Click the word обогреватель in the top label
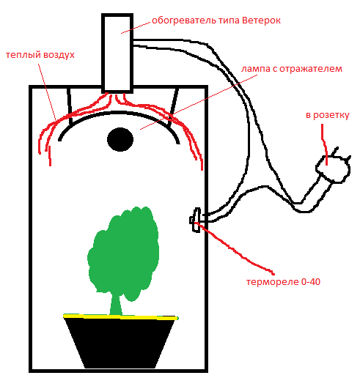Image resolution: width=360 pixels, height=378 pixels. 184,21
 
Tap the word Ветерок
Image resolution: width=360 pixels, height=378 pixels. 261,21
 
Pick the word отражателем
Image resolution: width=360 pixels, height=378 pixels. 311,69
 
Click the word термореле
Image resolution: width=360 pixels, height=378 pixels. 273,282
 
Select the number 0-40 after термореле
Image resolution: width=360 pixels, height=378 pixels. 311,282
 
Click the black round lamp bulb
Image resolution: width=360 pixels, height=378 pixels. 120,139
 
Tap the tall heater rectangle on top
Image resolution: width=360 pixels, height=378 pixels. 117,53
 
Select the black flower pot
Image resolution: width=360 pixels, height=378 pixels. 120,343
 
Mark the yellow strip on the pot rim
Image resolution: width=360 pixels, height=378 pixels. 121,317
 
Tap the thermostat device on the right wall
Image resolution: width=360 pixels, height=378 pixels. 196,220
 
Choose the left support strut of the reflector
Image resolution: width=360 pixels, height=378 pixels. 70,106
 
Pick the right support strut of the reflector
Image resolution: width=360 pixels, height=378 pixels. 173,107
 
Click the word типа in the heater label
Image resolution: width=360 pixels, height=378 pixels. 229,21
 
